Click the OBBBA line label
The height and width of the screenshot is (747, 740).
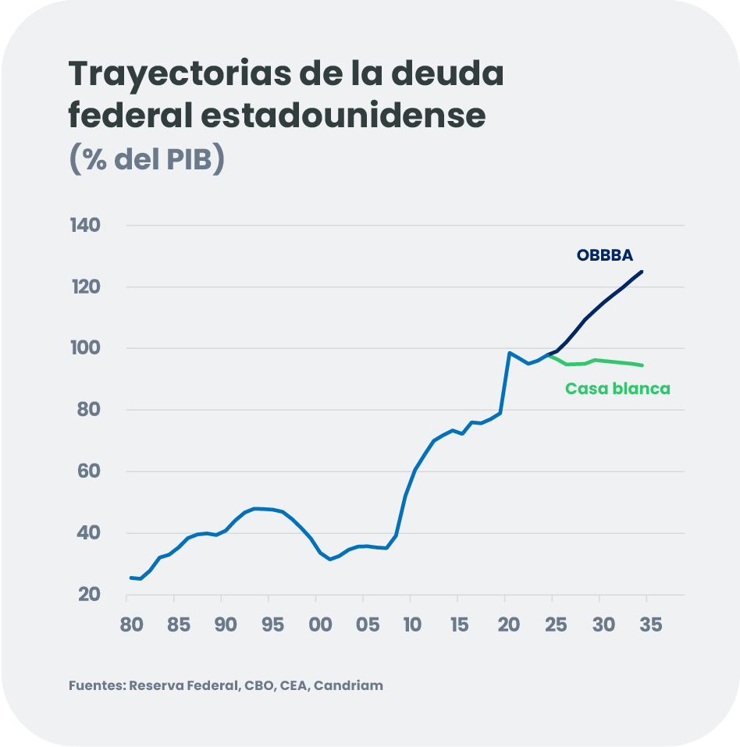(x=604, y=255)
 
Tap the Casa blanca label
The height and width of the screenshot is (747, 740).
(x=617, y=389)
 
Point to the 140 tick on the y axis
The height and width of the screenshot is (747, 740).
(x=85, y=226)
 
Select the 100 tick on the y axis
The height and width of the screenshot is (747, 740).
(x=85, y=348)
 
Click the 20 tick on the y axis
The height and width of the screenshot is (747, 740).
(x=90, y=595)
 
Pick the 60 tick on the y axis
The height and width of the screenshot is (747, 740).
(x=89, y=471)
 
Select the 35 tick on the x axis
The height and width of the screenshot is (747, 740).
(x=650, y=625)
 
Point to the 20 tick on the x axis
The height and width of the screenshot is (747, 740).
(x=508, y=625)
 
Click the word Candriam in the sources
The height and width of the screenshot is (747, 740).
(x=348, y=686)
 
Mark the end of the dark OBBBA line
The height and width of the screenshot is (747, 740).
(x=642, y=272)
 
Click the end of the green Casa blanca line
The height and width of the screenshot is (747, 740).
(x=642, y=365)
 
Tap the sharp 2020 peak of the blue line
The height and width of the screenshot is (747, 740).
(x=509, y=353)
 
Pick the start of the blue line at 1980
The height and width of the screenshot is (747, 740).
(x=130, y=578)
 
